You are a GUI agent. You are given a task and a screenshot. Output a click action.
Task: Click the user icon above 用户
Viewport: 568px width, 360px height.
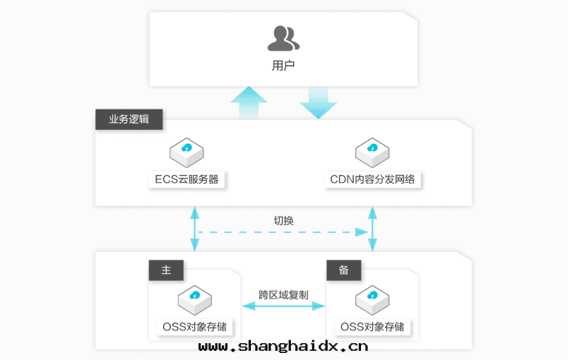(x=283, y=38)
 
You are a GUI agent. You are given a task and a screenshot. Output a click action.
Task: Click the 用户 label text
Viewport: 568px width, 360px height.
(x=283, y=66)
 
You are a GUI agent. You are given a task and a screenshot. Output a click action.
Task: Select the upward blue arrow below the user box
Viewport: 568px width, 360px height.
(x=248, y=102)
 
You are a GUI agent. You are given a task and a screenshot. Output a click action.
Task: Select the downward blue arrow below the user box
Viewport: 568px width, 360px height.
(x=318, y=102)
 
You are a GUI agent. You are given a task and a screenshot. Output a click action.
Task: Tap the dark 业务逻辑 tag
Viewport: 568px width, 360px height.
(x=129, y=119)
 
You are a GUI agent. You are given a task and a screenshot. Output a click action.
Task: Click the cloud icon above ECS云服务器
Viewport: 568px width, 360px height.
(x=187, y=150)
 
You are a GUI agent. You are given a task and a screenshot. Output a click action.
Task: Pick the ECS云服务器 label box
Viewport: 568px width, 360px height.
(x=187, y=179)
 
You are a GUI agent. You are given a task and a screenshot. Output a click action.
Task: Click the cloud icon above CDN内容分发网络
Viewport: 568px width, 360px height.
(x=372, y=150)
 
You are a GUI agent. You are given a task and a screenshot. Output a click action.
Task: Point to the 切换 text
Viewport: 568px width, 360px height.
(x=283, y=220)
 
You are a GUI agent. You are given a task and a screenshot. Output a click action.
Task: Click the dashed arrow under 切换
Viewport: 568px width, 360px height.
(x=283, y=232)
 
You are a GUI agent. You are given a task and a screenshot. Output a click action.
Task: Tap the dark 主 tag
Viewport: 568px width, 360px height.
(x=166, y=270)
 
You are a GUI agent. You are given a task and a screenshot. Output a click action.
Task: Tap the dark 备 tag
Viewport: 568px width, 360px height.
(x=344, y=270)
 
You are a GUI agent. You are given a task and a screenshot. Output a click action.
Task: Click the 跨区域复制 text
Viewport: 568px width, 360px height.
(x=283, y=294)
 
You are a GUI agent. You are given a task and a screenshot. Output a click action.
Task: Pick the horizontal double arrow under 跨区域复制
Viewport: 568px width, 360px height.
(x=283, y=306)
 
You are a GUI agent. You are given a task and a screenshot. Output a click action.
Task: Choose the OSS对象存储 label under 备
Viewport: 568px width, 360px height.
(x=372, y=327)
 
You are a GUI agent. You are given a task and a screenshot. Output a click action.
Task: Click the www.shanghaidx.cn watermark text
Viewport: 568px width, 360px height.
(x=283, y=347)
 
